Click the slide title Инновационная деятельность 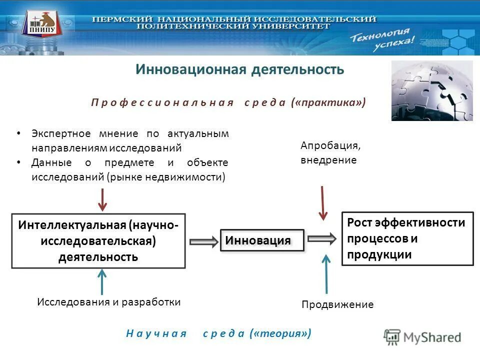240,69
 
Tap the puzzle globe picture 431,90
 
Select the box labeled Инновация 262,240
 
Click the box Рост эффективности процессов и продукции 407,238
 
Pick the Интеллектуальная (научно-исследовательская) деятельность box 98,240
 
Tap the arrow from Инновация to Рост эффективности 321,238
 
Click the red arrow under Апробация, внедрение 323,203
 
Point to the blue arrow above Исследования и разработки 102,281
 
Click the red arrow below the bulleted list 102,199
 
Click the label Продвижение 337,304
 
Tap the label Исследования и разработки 109,302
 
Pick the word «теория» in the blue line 281,333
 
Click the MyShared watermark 422,337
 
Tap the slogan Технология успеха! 382,40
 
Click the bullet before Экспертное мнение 18,134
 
